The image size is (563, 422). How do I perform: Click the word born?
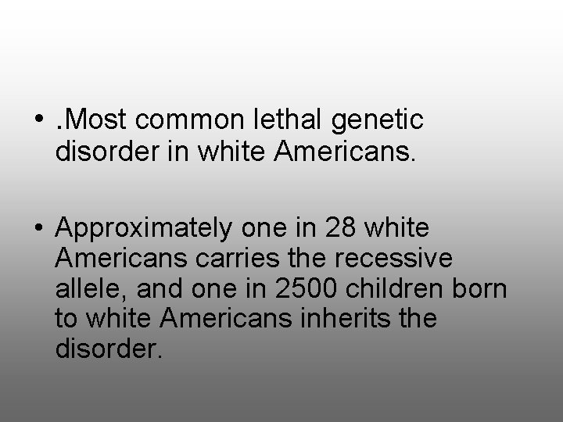pos(479,288)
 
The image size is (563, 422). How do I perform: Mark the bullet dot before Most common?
pos(39,121)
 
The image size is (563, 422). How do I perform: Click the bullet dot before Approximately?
pos(39,230)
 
